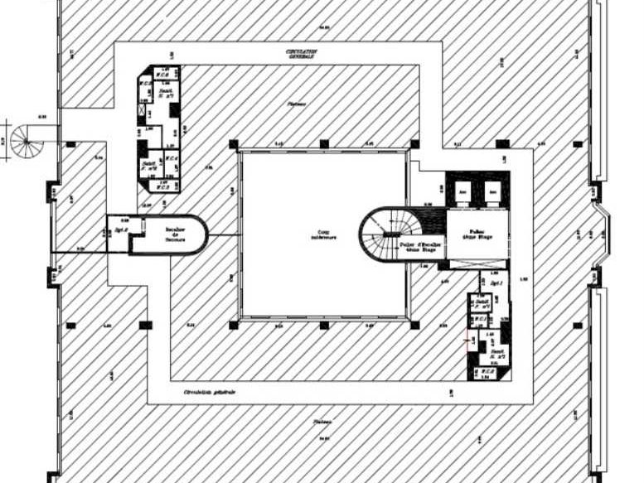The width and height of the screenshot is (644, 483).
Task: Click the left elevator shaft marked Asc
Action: [x=462, y=192]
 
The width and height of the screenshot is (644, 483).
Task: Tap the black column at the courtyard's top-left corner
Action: [x=233, y=144]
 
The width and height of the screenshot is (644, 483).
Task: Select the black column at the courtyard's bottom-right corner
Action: [x=414, y=325]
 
